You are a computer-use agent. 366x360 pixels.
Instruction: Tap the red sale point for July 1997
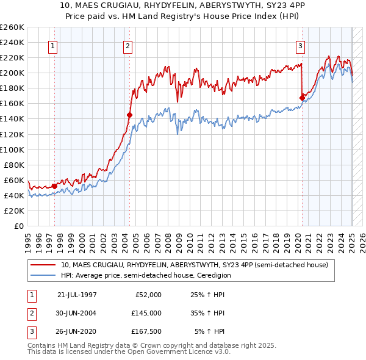click(x=54, y=186)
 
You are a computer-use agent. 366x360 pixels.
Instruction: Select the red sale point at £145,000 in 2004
click(x=129, y=115)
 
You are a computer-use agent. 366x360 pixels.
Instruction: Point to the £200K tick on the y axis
click(x=13, y=73)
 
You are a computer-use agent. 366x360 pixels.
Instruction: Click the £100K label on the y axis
click(x=13, y=149)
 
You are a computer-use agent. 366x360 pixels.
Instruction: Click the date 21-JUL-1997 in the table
click(x=77, y=295)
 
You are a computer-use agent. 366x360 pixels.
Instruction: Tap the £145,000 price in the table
click(x=146, y=313)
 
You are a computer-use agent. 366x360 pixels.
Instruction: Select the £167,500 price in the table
click(x=146, y=331)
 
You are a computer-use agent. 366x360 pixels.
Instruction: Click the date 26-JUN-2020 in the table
click(x=77, y=331)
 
